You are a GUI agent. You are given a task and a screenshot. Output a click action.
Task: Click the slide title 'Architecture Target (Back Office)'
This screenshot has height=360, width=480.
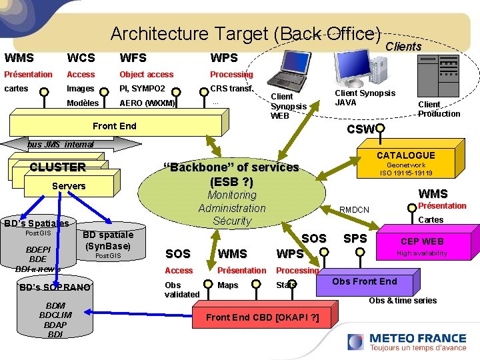245,33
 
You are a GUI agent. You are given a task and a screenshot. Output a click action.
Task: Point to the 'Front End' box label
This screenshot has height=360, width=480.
114,125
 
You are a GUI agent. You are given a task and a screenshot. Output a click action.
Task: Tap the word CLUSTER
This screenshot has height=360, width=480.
57,167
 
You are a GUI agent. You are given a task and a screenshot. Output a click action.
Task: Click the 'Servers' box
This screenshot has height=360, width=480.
69,186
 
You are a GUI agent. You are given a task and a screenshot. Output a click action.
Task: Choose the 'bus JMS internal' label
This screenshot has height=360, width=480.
61,144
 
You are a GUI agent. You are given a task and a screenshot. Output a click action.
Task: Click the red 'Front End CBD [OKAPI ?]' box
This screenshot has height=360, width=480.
262,317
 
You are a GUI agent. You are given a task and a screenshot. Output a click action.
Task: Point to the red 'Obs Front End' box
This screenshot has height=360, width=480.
364,281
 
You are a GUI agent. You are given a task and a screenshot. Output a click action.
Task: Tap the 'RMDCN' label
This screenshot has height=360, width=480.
354,210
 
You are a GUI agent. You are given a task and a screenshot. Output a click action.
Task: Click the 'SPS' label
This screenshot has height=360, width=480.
354,238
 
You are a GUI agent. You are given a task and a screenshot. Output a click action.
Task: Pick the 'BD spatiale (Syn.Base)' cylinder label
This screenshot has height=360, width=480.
107,241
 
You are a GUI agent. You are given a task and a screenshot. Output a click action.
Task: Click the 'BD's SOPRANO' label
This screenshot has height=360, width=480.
55,287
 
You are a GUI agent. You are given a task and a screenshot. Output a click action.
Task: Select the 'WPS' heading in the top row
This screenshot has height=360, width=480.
224,58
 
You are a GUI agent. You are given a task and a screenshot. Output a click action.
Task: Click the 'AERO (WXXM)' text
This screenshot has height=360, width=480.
147,103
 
